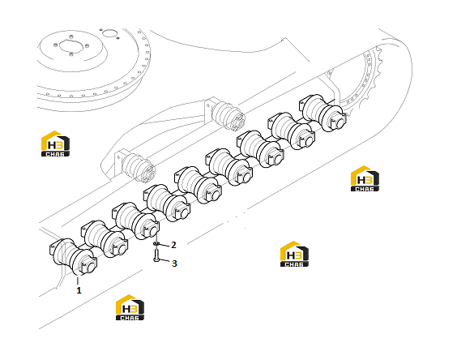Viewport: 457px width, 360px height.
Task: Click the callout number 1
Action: (79, 290)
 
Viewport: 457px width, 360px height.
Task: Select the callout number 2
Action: (173, 245)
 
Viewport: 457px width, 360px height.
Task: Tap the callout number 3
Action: (174, 264)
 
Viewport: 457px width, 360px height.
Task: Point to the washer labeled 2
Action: (156, 243)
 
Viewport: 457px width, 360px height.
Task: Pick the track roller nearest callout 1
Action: (74, 257)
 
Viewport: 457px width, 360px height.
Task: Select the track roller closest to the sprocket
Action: (323, 113)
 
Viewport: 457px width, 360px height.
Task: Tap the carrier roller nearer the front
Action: (136, 165)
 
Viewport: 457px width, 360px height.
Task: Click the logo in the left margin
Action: (55, 144)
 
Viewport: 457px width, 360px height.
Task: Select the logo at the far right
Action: (365, 178)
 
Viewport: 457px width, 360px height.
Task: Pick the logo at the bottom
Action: (130, 307)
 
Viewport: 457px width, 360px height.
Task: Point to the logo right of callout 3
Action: (294, 254)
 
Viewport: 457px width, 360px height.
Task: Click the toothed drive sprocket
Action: (365, 84)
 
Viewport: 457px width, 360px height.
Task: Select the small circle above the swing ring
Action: (110, 33)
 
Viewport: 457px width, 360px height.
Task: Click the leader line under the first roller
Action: (78, 281)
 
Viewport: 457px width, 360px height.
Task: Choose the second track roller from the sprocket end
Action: (292, 131)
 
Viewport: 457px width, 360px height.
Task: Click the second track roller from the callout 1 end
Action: (105, 239)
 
